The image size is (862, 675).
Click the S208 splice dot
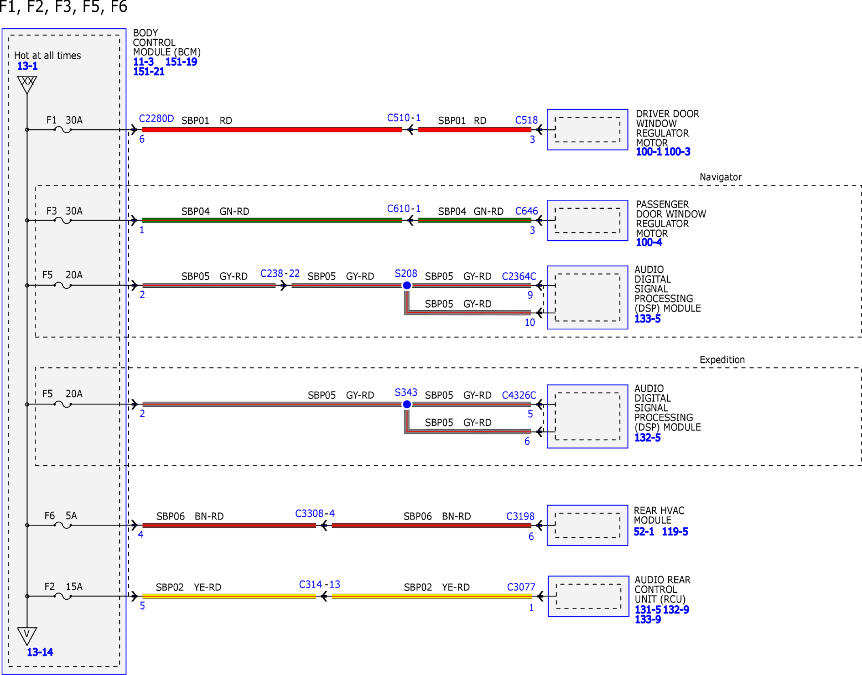coord(407,285)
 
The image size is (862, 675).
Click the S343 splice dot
coord(407,404)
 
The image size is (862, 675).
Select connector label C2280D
coord(156,118)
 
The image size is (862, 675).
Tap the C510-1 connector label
coord(404,117)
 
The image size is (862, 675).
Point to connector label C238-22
coord(280,273)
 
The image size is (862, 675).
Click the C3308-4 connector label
coord(315,513)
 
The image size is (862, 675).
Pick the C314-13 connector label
coord(319,584)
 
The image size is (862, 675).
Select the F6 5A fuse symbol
coord(63,525)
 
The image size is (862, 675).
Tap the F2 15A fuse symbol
coord(63,596)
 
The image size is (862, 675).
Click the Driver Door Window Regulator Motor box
coord(588,130)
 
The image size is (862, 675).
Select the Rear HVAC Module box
coord(588,525)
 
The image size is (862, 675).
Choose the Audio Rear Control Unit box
coord(588,596)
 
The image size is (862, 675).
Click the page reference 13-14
coord(40,652)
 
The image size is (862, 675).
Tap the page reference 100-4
coord(649,242)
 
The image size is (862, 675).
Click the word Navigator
coord(721,177)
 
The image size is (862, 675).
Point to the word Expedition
coord(722,360)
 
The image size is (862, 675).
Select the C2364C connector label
coord(519,276)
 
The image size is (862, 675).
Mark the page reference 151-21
coord(149,71)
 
